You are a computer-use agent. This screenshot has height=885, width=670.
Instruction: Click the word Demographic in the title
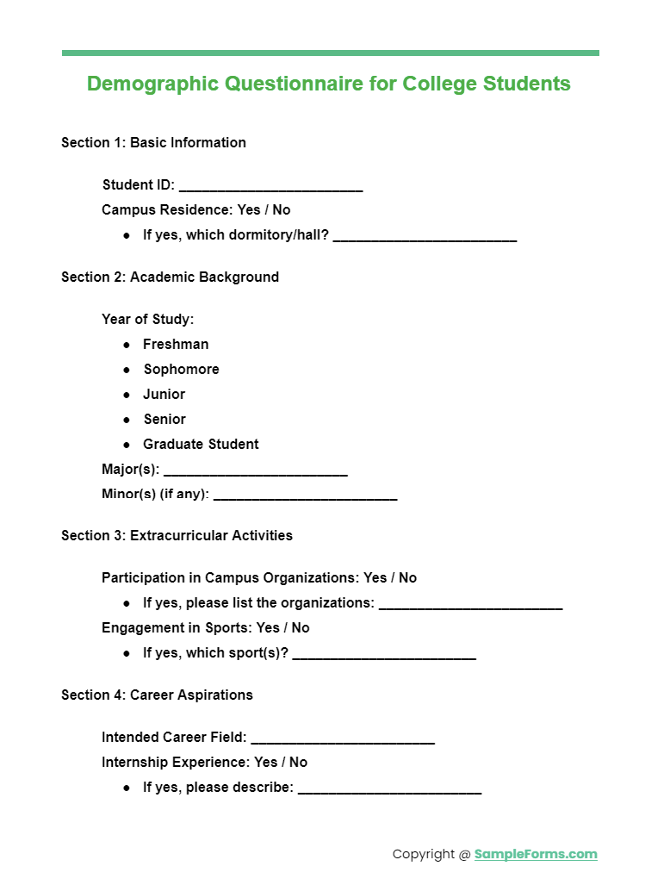pos(153,84)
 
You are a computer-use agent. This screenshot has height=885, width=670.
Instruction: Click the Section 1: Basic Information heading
pos(153,143)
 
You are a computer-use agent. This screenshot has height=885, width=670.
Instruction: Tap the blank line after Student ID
pos(270,188)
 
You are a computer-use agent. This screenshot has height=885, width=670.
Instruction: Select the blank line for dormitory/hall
pos(425,238)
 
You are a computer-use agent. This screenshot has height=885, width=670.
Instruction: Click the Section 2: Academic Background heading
pos(170,277)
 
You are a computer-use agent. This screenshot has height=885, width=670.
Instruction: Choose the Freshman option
pos(176,345)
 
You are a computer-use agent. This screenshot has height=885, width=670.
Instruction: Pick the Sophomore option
pos(181,370)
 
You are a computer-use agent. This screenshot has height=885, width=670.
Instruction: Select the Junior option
pos(164,395)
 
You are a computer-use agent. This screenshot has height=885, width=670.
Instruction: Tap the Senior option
pos(164,420)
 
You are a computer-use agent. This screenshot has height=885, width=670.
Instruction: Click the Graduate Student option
pos(201,445)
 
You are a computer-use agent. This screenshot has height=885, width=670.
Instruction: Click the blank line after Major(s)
pos(255,473)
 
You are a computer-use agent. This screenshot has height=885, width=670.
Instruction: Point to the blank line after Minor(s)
pos(305,498)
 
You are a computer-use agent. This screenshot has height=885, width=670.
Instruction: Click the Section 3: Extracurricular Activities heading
pos(177,536)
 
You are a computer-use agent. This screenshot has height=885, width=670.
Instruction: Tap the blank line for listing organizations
pos(470,606)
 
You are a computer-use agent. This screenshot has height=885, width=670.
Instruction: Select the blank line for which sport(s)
pos(384,657)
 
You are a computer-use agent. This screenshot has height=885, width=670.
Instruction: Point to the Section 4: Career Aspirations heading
pos(157,695)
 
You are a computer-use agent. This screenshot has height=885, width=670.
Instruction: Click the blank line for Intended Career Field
pos(343,741)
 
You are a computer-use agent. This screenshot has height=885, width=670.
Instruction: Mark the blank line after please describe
pos(389,791)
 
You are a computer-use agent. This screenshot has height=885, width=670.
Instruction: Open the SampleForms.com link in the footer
pos(535,855)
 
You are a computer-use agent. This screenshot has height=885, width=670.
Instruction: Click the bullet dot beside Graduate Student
pos(127,445)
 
